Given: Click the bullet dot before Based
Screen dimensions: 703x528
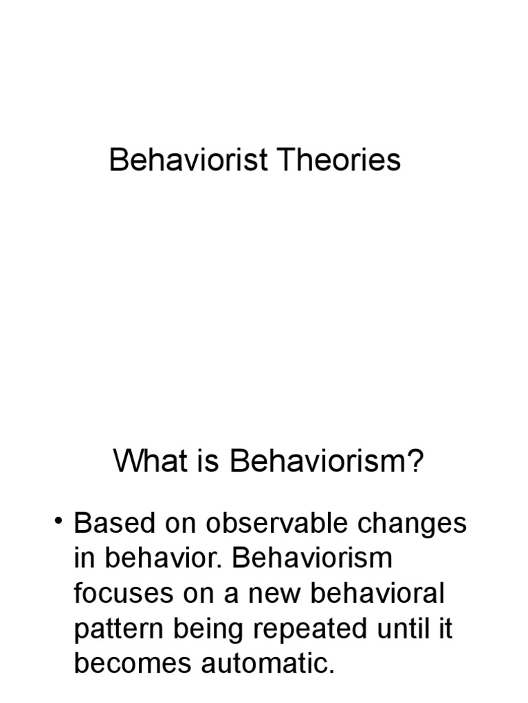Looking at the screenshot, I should click(x=60, y=523).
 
